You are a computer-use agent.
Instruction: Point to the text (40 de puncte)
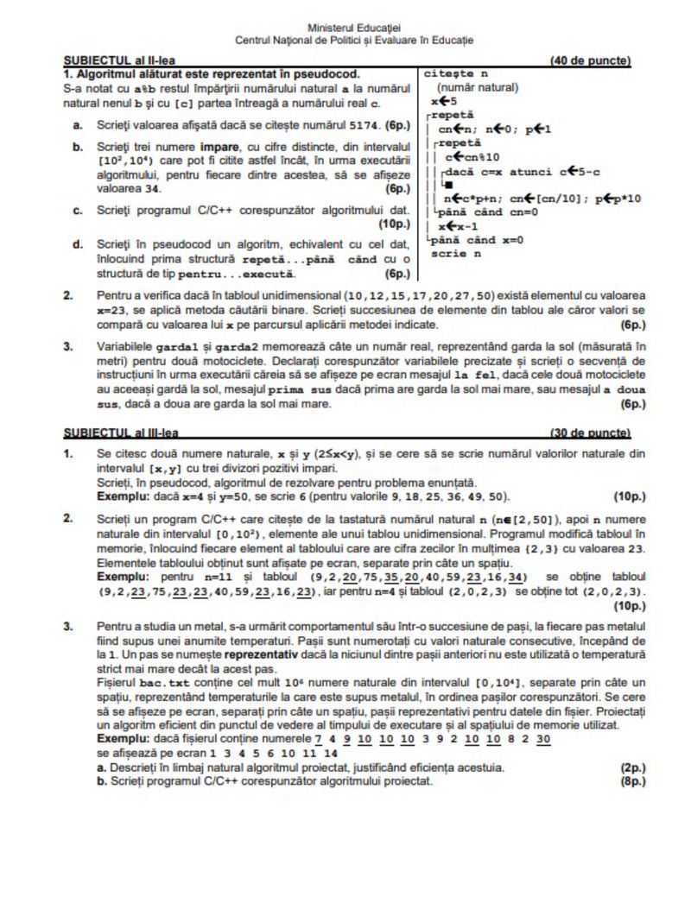[589, 61]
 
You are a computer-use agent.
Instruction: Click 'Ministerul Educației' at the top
[353, 28]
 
